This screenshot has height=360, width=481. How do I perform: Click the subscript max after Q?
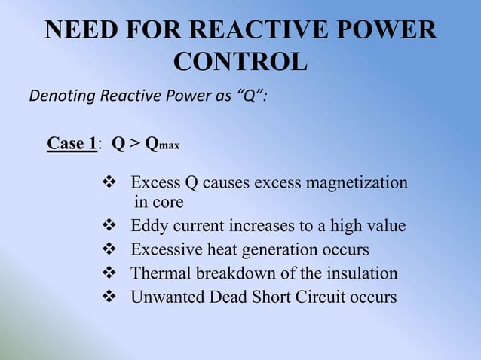tap(170, 146)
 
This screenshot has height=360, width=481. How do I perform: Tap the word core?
tap(167, 202)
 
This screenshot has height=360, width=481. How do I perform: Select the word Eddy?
tap(148, 226)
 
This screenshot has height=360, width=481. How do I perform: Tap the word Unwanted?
tap(164, 297)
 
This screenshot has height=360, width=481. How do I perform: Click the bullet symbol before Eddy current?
tap(108, 226)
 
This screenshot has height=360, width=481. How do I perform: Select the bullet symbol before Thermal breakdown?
tap(108, 273)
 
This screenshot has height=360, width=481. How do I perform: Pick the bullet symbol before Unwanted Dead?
tap(108, 297)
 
